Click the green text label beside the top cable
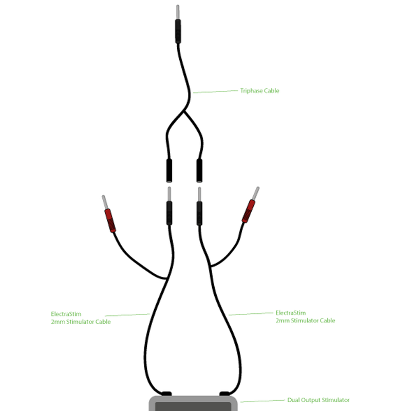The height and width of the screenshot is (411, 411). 260,91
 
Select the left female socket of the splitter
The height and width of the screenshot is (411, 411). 169,170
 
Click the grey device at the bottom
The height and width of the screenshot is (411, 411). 193,404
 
